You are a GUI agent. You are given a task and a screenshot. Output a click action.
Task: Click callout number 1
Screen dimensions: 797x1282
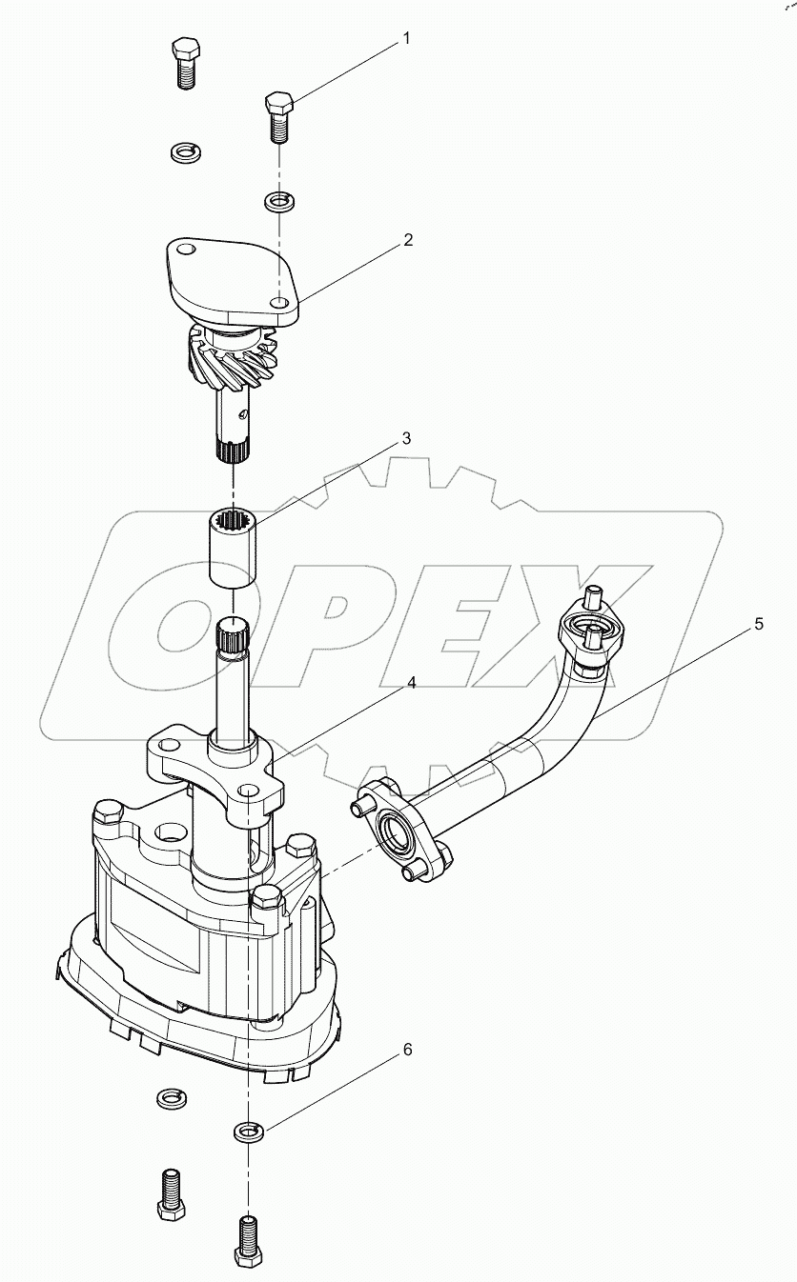point(406,39)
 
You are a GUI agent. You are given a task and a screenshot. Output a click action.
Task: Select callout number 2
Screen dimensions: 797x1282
point(407,240)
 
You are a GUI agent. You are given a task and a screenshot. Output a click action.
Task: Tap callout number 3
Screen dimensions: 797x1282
point(406,439)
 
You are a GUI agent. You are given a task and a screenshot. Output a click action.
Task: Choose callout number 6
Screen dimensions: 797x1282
point(407,1050)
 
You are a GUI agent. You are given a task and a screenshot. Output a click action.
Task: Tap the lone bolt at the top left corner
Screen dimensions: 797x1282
point(186,63)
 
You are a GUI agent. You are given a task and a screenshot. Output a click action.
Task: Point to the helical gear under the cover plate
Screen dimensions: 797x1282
point(232,358)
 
